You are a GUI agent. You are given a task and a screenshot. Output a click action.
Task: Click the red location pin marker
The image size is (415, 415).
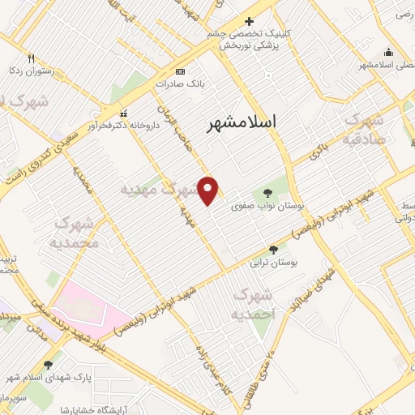point(208,190)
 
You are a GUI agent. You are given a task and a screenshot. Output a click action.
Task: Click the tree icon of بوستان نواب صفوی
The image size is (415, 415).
point(267,193)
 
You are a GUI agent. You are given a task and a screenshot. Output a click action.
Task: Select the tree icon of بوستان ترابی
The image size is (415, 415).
point(273,250)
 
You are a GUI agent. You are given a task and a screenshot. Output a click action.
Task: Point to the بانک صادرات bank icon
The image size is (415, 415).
point(179,71)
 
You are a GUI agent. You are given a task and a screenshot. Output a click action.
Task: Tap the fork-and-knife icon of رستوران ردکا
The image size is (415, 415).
point(32,58)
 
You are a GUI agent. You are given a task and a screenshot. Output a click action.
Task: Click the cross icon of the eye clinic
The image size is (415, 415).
point(249,21)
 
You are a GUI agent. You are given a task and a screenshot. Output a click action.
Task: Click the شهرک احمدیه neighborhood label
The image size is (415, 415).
point(253,304)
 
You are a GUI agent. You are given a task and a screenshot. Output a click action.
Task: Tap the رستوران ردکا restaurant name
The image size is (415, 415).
point(31,71)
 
